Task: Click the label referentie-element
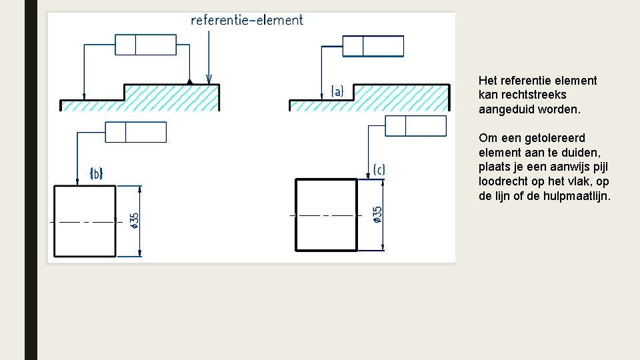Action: [247, 20]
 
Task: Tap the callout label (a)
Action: [337, 91]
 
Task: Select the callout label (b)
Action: [96, 174]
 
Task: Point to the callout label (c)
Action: [379, 170]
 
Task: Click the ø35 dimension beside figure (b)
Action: [135, 221]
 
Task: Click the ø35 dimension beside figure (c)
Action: [378, 215]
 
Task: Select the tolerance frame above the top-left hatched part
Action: [145, 45]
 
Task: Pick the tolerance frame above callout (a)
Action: [373, 46]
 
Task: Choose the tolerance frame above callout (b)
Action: [136, 132]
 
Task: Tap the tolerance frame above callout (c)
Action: [415, 125]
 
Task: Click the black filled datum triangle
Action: [191, 81]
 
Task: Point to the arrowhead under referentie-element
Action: [209, 79]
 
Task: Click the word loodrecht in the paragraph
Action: [502, 181]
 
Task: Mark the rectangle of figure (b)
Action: [85, 221]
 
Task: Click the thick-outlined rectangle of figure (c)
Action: [327, 215]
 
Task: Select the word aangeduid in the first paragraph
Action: [505, 109]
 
